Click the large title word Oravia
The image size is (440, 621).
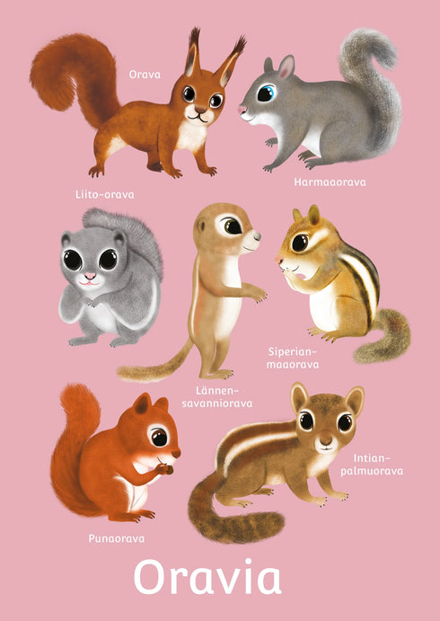(207, 577)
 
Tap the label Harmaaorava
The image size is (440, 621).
(330, 182)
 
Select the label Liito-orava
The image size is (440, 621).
(105, 194)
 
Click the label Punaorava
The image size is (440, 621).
(117, 538)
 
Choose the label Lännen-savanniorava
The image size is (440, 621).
(217, 397)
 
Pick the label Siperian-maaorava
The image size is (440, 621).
(293, 358)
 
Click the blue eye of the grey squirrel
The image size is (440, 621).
(266, 93)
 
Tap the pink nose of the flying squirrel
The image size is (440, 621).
(90, 276)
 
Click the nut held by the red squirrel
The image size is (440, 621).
(167, 469)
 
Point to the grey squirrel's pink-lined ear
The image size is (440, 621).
(286, 67)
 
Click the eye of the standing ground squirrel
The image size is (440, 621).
(232, 226)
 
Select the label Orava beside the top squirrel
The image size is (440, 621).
(145, 74)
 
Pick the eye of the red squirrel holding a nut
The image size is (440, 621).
(159, 437)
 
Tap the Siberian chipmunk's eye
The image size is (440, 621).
(300, 243)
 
